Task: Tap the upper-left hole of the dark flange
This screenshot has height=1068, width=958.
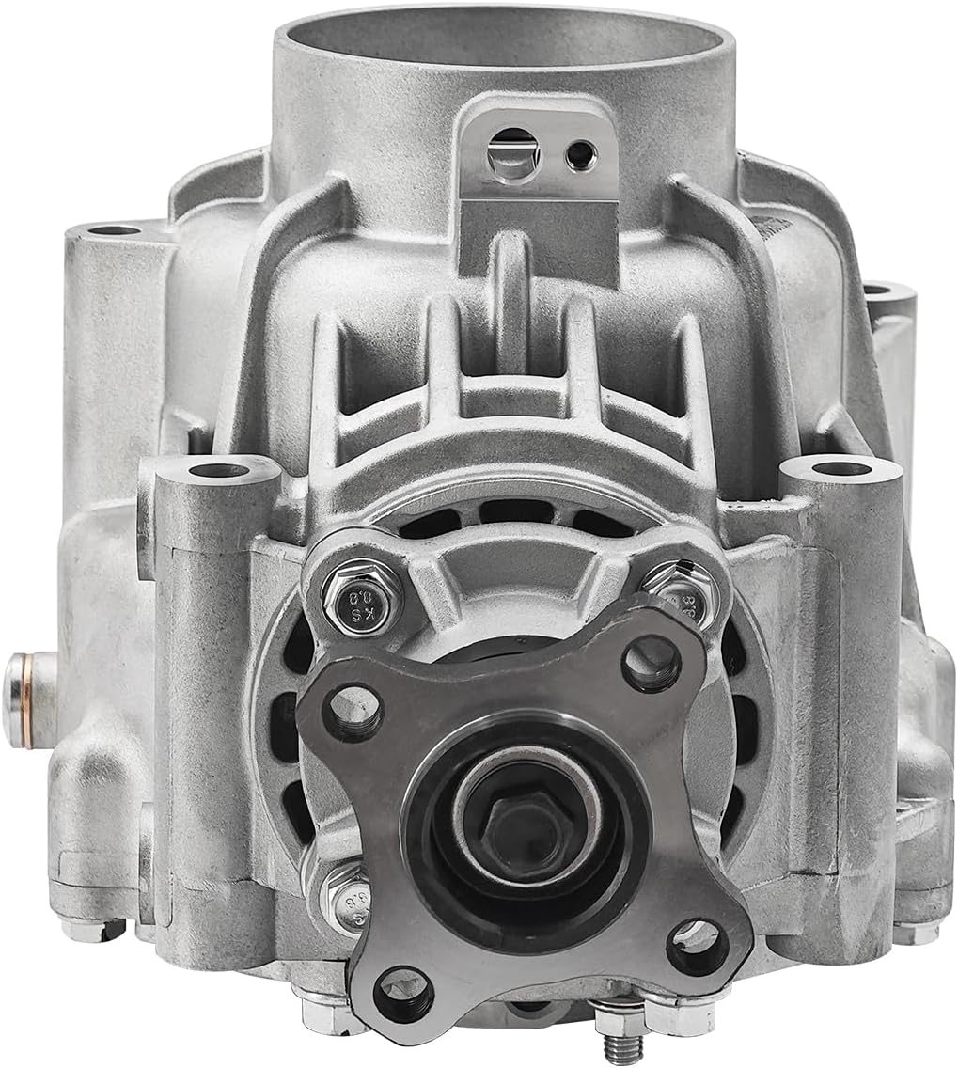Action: tap(353, 711)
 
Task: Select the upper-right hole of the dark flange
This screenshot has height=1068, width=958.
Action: tap(652, 664)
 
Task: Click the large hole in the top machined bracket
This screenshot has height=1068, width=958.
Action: tap(512, 152)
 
